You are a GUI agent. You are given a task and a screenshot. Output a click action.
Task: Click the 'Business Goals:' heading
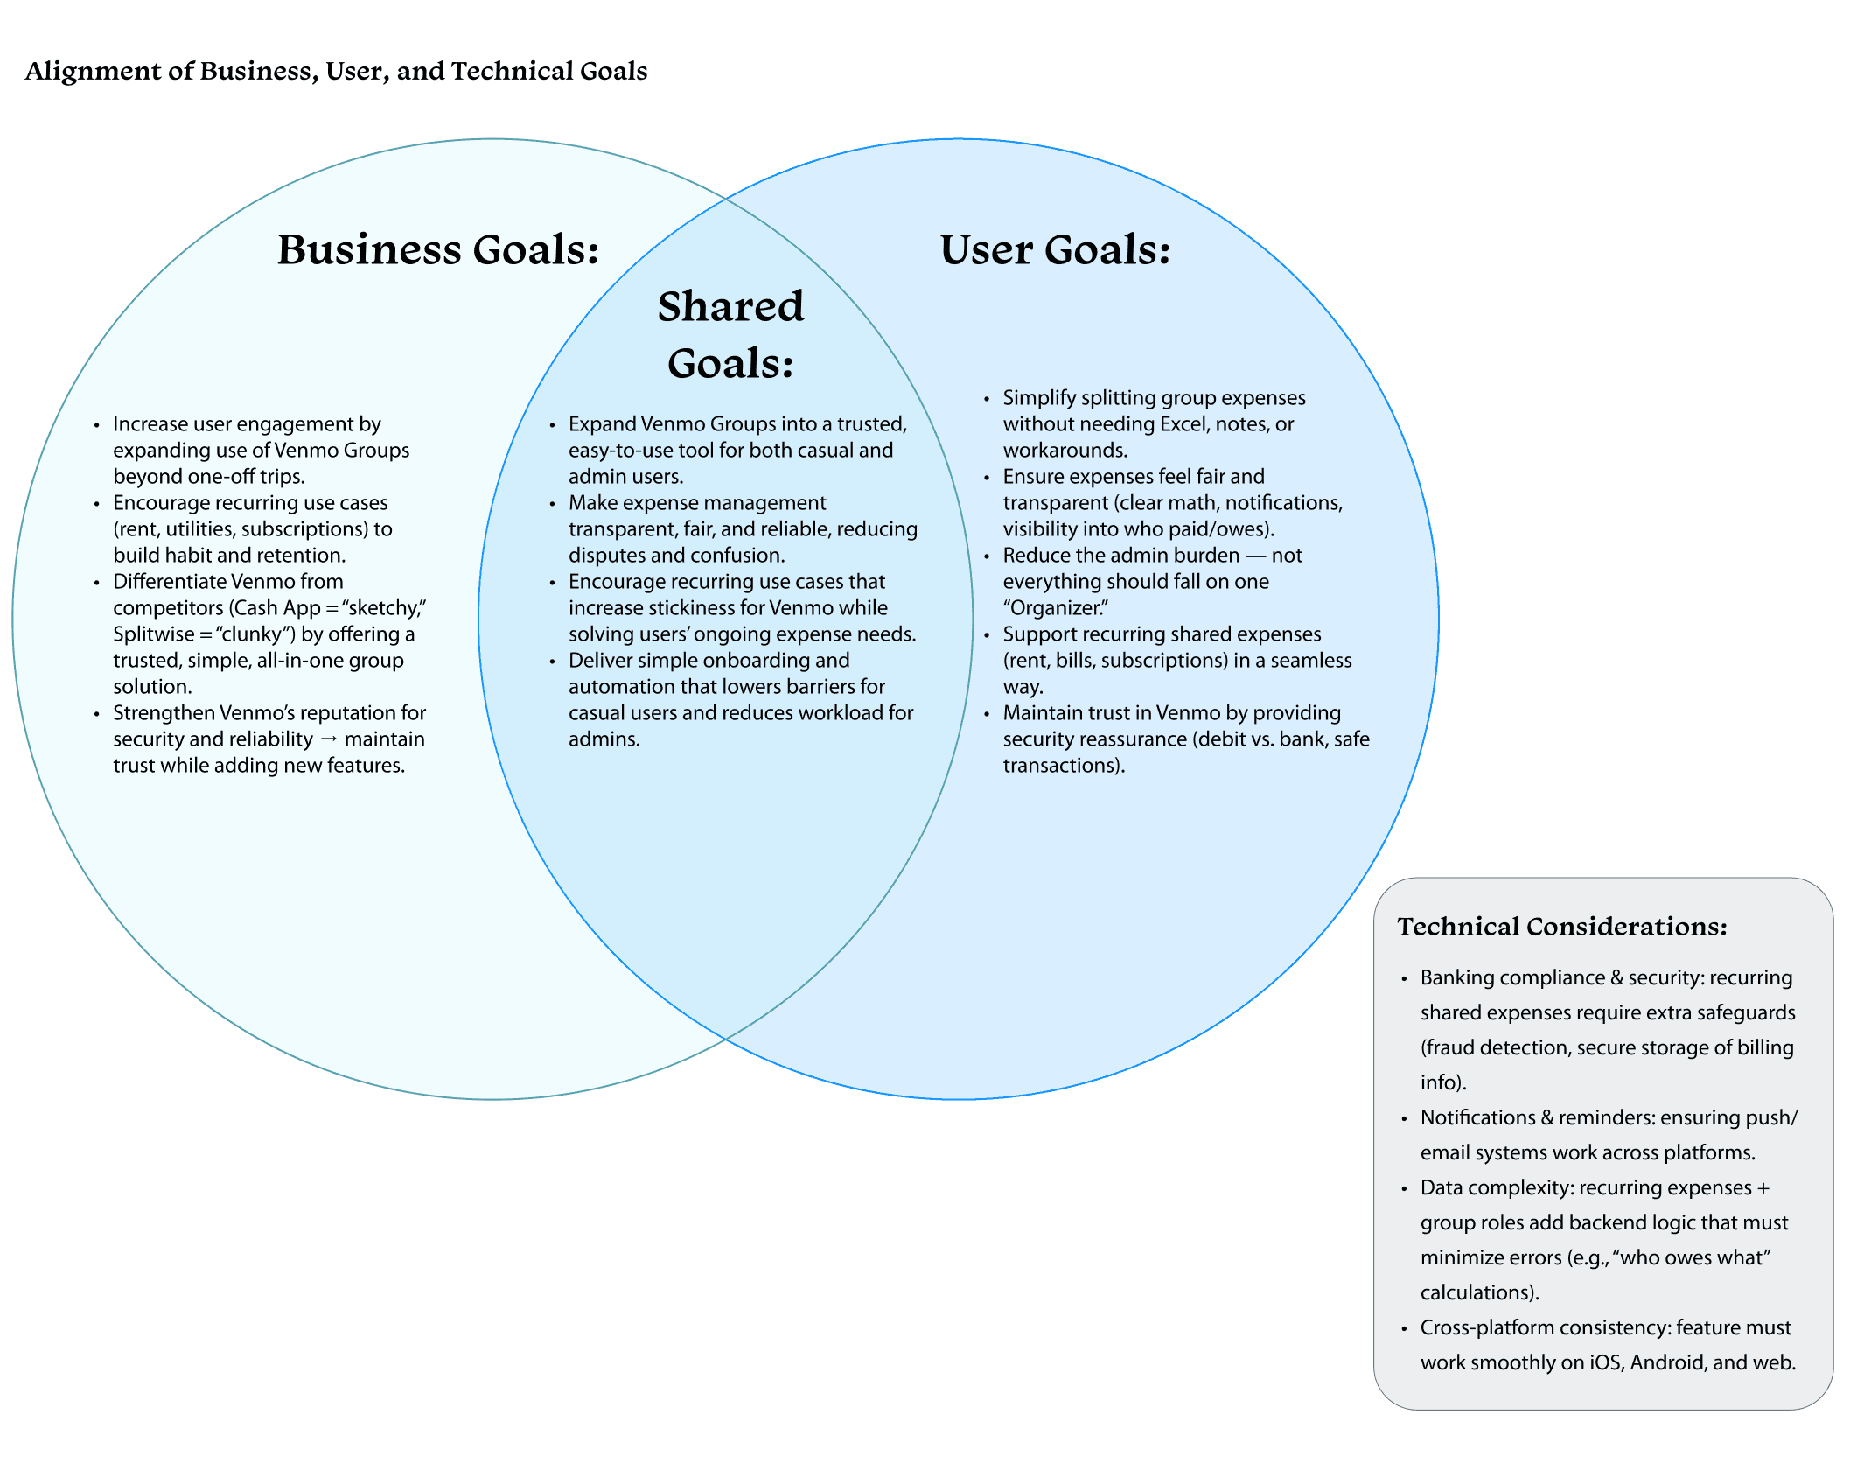click(438, 249)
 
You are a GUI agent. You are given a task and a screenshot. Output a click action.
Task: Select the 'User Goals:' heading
click(1055, 249)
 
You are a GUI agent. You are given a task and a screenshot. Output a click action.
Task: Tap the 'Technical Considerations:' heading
click(1562, 927)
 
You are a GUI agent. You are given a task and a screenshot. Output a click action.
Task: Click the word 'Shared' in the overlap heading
click(730, 306)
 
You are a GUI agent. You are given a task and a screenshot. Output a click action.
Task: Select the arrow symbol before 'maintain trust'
click(329, 739)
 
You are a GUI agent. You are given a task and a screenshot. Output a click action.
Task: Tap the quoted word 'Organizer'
click(1056, 608)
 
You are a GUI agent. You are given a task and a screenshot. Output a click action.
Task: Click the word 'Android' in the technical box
click(1668, 1362)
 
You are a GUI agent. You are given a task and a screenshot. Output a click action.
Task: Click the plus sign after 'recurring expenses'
click(1763, 1187)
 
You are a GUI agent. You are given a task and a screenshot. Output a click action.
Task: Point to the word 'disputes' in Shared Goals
click(607, 556)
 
